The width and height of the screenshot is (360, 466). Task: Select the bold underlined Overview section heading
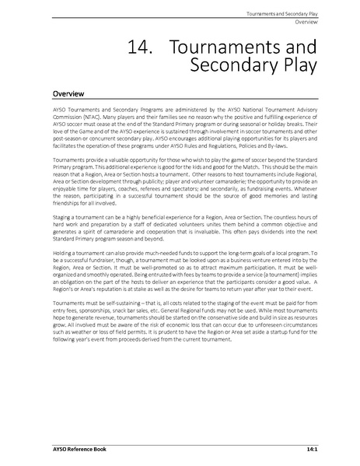68,93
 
